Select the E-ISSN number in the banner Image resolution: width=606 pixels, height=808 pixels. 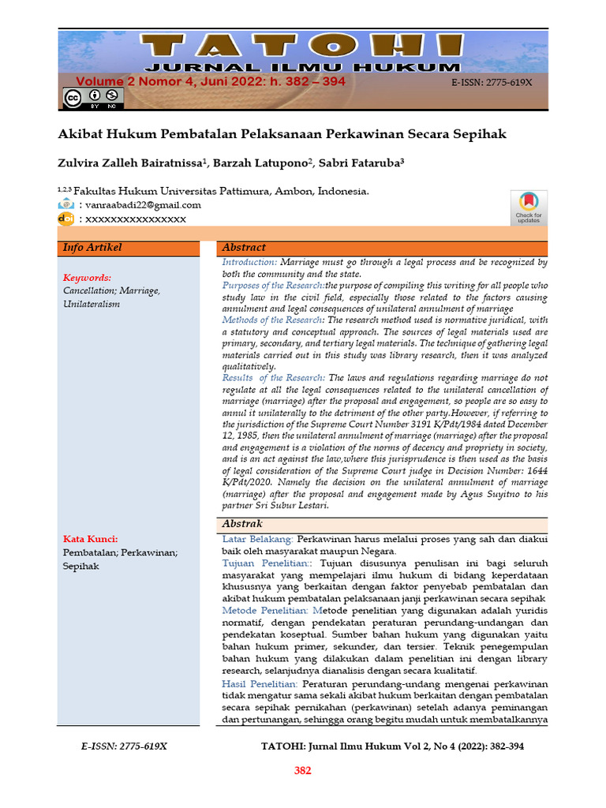coord(492,82)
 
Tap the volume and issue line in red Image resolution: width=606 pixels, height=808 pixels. coord(211,81)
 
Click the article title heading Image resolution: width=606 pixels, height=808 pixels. coord(282,134)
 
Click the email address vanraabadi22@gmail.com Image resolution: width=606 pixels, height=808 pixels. coord(143,204)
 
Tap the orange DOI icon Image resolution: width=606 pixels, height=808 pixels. coord(66,219)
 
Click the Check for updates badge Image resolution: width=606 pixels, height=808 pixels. coord(528,208)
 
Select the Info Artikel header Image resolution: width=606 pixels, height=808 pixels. coord(92,248)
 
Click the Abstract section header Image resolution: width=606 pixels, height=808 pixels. coord(244,248)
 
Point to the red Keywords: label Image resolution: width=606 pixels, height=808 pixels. coord(87,278)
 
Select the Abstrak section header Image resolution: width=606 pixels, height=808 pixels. coord(242,524)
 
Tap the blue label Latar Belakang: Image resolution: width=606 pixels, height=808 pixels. coord(258,539)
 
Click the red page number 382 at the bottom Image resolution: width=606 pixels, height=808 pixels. coord(303,771)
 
